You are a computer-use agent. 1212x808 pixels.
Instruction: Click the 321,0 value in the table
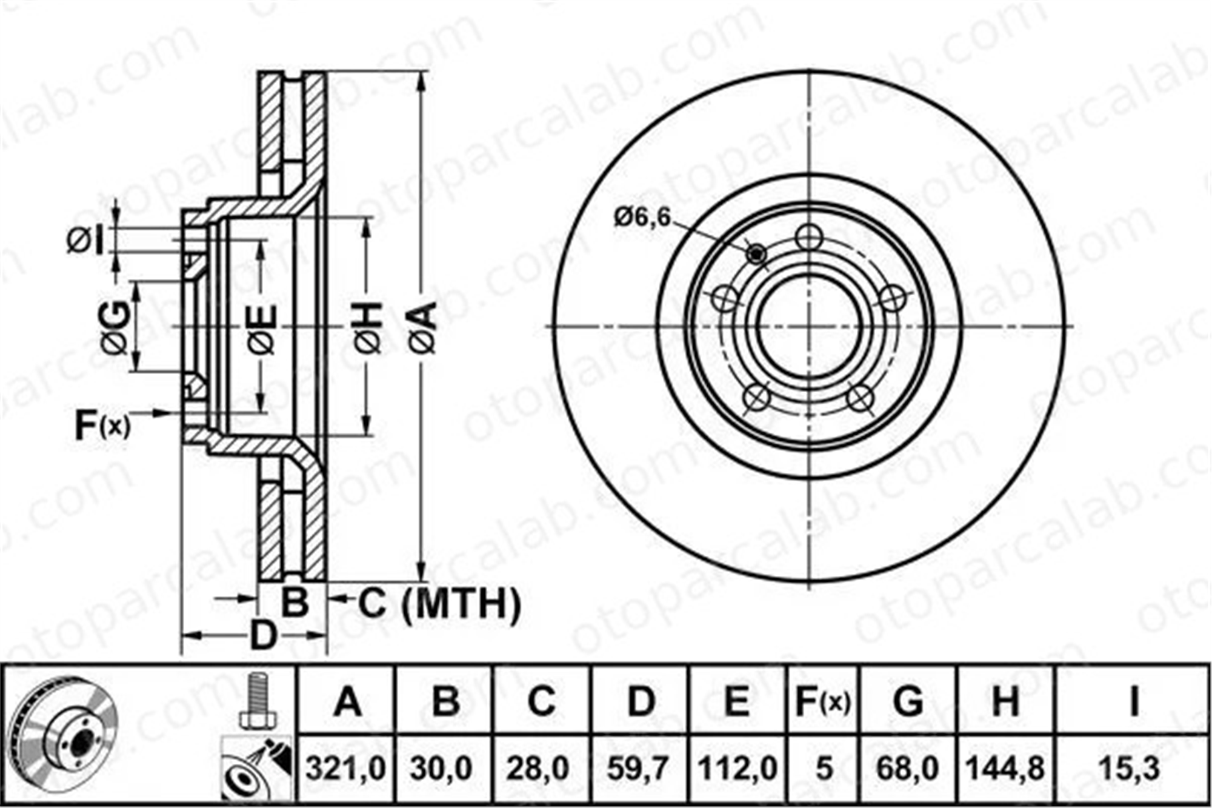pos(345,769)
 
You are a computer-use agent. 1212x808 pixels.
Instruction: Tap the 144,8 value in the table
pos(1005,769)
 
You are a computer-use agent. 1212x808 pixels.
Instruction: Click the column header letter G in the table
pos(908,702)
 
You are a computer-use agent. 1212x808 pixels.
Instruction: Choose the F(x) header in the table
pos(822,702)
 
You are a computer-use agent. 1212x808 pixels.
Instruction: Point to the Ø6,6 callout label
pos(642,217)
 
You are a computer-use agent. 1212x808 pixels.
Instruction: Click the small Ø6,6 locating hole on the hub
pos(756,255)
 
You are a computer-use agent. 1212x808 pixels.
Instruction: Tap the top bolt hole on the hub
pos(809,237)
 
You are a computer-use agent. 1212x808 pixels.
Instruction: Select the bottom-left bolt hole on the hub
pos(756,398)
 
